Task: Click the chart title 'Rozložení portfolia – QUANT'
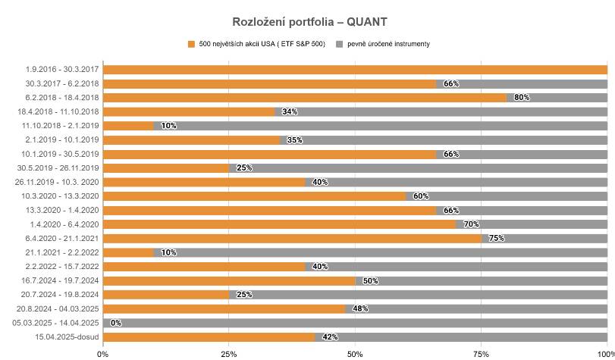tap(309, 22)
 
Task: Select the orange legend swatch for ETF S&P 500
tap(191, 44)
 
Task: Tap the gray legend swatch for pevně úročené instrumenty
tap(340, 44)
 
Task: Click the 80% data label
tap(522, 98)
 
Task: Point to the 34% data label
tap(290, 111)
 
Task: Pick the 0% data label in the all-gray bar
tap(116, 323)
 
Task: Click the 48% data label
tap(360, 309)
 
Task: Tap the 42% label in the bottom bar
tap(330, 337)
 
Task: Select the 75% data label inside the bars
tap(497, 239)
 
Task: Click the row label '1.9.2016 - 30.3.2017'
tap(62, 70)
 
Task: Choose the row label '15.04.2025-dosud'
tap(67, 337)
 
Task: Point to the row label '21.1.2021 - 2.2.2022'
tap(62, 252)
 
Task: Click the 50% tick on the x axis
tap(355, 355)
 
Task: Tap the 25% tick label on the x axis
tap(229, 355)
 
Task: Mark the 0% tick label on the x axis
tap(103, 355)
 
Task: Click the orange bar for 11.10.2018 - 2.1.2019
tap(128, 126)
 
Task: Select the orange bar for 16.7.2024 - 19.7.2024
tap(230, 280)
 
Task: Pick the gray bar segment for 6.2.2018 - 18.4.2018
tap(557, 98)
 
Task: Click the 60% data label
tap(421, 196)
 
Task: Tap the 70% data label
tap(471, 224)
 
